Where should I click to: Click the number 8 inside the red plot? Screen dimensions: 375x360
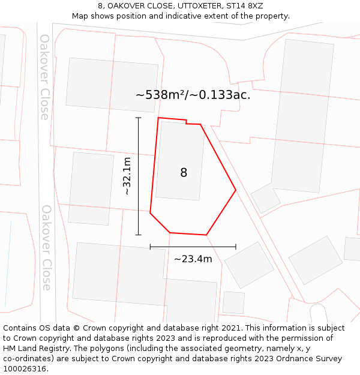(184, 173)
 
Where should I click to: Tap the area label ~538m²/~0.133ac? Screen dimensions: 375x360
(193, 95)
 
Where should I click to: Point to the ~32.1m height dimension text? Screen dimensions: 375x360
(127, 176)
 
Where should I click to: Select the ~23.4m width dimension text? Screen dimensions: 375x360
(193, 259)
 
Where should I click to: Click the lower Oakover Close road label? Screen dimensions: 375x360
(46, 247)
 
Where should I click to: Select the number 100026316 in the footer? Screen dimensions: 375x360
(25, 369)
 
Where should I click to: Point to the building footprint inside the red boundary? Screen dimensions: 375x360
(180, 161)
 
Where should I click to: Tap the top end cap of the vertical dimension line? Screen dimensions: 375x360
(139, 118)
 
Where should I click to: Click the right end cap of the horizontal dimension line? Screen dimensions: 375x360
(236, 247)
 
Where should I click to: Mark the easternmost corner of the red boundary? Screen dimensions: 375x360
(236, 190)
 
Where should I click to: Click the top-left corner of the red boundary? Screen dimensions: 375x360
(158, 118)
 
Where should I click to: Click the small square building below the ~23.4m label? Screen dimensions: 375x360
(233, 302)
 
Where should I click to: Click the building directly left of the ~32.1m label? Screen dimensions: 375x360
(91, 188)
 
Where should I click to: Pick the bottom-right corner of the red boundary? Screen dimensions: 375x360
(206, 235)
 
